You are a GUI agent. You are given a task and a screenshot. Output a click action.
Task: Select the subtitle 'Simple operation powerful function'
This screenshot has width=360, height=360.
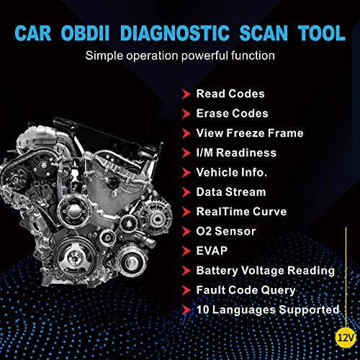point(179,55)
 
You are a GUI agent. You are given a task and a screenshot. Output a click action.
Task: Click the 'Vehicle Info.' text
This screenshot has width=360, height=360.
point(232,172)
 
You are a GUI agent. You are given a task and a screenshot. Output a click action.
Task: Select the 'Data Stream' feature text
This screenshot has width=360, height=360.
point(230,192)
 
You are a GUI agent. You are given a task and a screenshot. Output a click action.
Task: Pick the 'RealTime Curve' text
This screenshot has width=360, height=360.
point(240,211)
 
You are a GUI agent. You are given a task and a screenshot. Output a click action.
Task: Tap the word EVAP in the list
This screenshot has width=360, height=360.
point(212,251)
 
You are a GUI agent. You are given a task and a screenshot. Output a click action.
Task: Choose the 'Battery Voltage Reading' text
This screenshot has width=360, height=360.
point(265,270)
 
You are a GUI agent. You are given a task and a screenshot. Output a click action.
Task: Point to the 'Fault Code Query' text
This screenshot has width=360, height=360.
point(246,289)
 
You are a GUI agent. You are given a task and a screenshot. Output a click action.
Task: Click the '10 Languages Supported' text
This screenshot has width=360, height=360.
point(267,310)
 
